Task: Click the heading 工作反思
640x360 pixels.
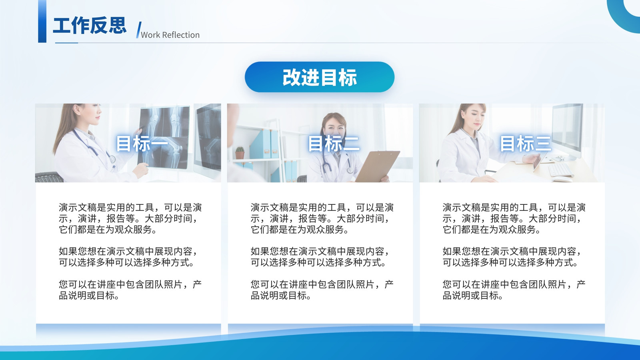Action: click(90, 26)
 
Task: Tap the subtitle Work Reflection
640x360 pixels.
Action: click(170, 35)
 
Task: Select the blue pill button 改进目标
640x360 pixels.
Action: click(320, 77)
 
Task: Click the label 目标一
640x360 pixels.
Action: click(142, 144)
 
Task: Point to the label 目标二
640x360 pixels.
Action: click(334, 144)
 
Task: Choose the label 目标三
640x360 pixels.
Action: click(525, 144)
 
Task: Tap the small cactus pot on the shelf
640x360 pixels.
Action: click(240, 153)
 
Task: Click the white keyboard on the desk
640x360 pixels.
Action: click(560, 170)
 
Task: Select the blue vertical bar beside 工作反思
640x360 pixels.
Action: click(42, 22)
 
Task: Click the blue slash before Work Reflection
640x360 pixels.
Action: click(138, 30)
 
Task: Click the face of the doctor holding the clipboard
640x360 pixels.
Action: click(334, 127)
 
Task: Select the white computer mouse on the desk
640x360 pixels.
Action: click(562, 180)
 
